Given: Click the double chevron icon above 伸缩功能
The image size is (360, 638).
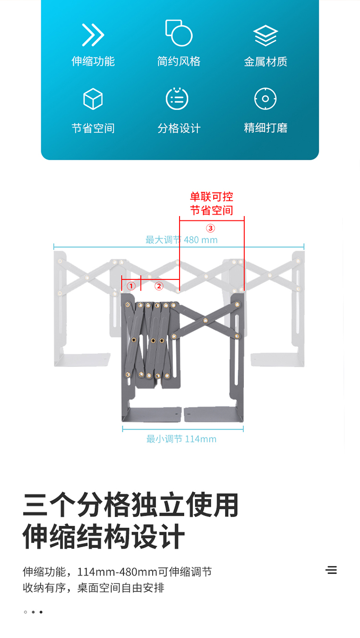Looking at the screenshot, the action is (x=93, y=35).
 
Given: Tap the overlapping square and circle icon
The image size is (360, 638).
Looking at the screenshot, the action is (x=179, y=33).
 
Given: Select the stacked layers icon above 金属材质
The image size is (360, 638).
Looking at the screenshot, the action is (x=265, y=36).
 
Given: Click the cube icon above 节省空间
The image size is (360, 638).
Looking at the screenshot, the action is (x=93, y=99).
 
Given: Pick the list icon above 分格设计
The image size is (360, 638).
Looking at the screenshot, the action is (x=177, y=98).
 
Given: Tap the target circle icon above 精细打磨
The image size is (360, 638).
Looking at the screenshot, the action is (x=265, y=98).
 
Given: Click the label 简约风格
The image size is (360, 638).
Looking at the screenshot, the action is (x=179, y=61).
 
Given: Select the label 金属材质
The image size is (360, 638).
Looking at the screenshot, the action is (x=265, y=61).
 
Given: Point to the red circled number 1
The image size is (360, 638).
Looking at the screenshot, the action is (x=131, y=286).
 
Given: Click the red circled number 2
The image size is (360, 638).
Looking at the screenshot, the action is (x=159, y=286).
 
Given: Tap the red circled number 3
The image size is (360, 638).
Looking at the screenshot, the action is (x=210, y=228).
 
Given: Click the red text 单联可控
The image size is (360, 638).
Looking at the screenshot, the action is (x=211, y=196).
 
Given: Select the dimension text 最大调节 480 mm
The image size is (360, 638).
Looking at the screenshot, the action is (x=181, y=240).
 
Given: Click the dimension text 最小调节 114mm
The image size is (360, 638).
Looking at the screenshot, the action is (x=181, y=439).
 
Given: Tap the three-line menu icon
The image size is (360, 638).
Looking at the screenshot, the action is (x=331, y=570).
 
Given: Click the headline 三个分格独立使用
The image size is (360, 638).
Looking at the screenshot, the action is (x=131, y=505).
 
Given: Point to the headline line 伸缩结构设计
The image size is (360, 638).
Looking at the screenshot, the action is (x=104, y=536).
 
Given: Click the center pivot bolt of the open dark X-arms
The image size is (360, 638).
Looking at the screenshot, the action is (x=205, y=320).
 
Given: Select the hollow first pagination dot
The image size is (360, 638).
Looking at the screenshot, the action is (x=25, y=612).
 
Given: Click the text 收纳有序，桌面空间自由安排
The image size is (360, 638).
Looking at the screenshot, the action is (x=94, y=588).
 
